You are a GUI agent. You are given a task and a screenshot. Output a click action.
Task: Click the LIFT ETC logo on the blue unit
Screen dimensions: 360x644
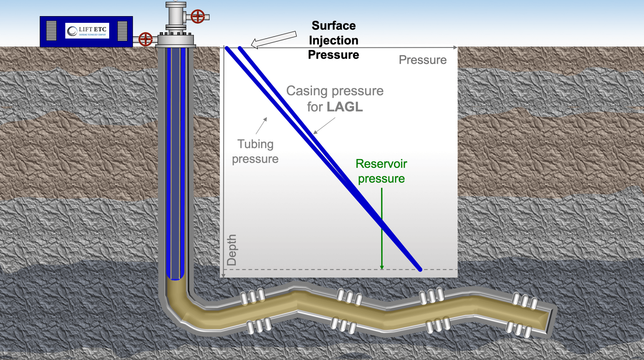[x=87, y=31]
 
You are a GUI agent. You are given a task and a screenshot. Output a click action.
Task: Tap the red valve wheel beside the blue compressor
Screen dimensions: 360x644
[x=145, y=39]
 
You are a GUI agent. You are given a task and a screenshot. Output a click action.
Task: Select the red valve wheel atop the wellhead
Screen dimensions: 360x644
[x=198, y=16]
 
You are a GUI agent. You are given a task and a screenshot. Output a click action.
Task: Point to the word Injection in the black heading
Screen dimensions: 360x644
[x=333, y=40]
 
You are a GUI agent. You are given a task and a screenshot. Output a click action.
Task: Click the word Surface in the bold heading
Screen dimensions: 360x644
[x=333, y=26]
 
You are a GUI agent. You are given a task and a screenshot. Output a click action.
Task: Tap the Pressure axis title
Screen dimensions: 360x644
[x=422, y=60]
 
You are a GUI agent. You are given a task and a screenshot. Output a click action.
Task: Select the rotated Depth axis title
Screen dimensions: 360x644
[x=231, y=250]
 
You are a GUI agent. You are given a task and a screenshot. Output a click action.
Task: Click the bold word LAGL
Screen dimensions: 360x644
[x=344, y=107]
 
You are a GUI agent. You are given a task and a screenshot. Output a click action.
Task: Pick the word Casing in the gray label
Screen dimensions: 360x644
[x=307, y=91]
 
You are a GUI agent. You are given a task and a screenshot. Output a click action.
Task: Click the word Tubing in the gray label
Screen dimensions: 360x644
[x=255, y=144]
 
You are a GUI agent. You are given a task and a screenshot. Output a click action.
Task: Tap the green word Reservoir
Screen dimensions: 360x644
[x=381, y=164]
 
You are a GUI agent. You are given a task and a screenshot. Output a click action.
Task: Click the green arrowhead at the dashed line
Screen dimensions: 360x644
[x=382, y=267]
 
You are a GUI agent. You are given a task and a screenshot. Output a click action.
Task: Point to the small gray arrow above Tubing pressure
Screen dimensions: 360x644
[x=261, y=126]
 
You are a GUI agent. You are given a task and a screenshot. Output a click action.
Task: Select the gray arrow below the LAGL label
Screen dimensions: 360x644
[x=324, y=126]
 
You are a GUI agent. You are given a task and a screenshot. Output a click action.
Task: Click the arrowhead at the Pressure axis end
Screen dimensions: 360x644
[x=455, y=47]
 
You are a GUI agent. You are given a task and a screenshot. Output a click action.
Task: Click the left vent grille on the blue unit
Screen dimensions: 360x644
[x=51, y=31]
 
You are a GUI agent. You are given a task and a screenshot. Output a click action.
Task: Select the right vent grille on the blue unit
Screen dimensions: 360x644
[x=122, y=31]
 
